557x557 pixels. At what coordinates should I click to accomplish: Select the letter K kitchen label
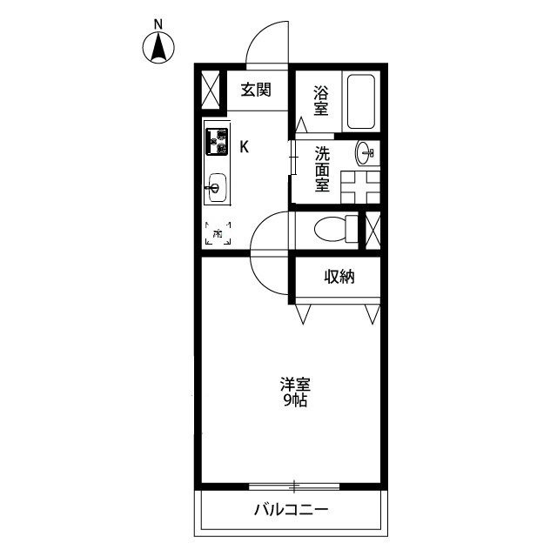(x=245, y=146)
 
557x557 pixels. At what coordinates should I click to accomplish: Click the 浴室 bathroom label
(x=321, y=99)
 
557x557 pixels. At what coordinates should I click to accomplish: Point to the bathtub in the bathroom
(x=360, y=102)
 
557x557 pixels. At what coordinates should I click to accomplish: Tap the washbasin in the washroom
(x=366, y=154)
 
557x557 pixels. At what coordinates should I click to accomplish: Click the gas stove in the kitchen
(x=216, y=141)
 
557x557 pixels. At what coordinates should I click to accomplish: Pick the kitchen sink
(x=216, y=186)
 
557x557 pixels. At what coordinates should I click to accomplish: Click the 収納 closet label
(x=340, y=277)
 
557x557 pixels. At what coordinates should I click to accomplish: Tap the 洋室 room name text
(x=296, y=383)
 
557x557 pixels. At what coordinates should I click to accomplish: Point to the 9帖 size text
(x=296, y=401)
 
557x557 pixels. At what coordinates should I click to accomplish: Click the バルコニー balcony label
(x=291, y=509)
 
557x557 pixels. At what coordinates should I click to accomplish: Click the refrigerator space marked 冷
(x=218, y=234)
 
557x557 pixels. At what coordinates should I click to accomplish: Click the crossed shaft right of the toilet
(x=372, y=228)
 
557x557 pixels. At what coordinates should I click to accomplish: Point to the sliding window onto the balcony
(x=294, y=485)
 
